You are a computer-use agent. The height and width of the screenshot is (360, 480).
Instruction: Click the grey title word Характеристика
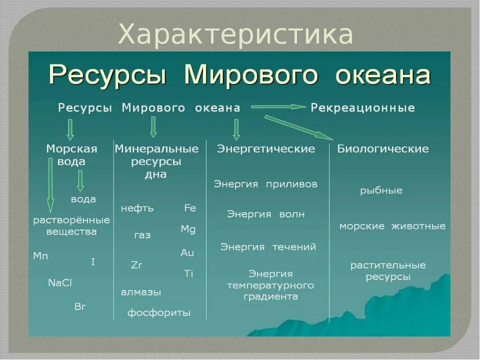[236, 34]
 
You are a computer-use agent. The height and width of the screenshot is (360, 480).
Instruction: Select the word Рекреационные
[363, 107]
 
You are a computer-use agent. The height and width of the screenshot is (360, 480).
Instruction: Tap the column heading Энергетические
[266, 149]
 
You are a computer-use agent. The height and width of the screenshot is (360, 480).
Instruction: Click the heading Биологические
[383, 149]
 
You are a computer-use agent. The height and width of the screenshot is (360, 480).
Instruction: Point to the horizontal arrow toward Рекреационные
[278, 106]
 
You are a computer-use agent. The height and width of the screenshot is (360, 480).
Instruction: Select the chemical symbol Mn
[40, 256]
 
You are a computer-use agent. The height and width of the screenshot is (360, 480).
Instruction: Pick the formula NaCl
[60, 282]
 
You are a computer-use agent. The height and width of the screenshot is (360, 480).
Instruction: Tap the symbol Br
[80, 306]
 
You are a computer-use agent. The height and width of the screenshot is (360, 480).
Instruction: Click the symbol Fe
[190, 208]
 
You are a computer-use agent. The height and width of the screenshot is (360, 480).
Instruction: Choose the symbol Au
[187, 253]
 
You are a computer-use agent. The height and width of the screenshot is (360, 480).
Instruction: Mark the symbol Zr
[136, 265]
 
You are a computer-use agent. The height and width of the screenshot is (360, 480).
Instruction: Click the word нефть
[137, 208]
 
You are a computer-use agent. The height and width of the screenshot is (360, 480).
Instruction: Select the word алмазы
[141, 292]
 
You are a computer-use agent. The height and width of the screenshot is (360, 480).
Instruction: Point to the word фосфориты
[159, 313]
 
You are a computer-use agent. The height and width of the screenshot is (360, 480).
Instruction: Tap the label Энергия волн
[266, 214]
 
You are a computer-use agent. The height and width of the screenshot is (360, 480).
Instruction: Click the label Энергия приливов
[266, 184]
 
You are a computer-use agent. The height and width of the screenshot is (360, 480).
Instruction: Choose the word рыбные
[381, 190]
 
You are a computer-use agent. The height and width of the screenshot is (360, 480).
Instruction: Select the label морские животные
[392, 226]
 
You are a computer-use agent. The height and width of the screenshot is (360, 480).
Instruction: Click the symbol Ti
[188, 273]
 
